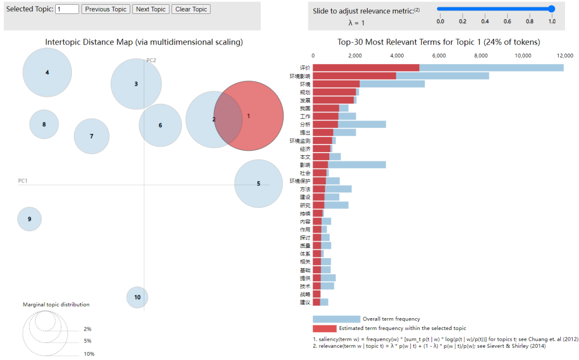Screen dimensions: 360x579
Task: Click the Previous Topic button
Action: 106,9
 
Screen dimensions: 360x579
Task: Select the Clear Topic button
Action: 191,9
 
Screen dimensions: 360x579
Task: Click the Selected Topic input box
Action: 67,9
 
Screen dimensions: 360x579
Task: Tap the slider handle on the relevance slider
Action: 551,9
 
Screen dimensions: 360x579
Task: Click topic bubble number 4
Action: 47,72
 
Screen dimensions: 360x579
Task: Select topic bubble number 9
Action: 29,219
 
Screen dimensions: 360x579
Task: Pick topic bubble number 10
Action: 137,297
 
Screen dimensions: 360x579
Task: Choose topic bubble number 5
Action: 258,183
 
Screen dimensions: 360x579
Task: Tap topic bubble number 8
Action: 44,124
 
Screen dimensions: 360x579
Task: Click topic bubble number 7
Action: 92,136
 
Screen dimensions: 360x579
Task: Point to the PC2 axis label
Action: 151,60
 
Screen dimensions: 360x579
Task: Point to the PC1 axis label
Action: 23,181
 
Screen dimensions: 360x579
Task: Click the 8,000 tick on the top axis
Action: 480,55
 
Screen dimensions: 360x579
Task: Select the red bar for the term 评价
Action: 366,67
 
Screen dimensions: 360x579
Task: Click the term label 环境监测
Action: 300,140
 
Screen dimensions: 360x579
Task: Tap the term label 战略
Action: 305,294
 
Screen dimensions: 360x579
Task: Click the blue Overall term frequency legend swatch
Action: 336,319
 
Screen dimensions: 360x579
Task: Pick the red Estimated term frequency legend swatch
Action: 324,328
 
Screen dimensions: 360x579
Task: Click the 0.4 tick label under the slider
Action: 485,21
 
